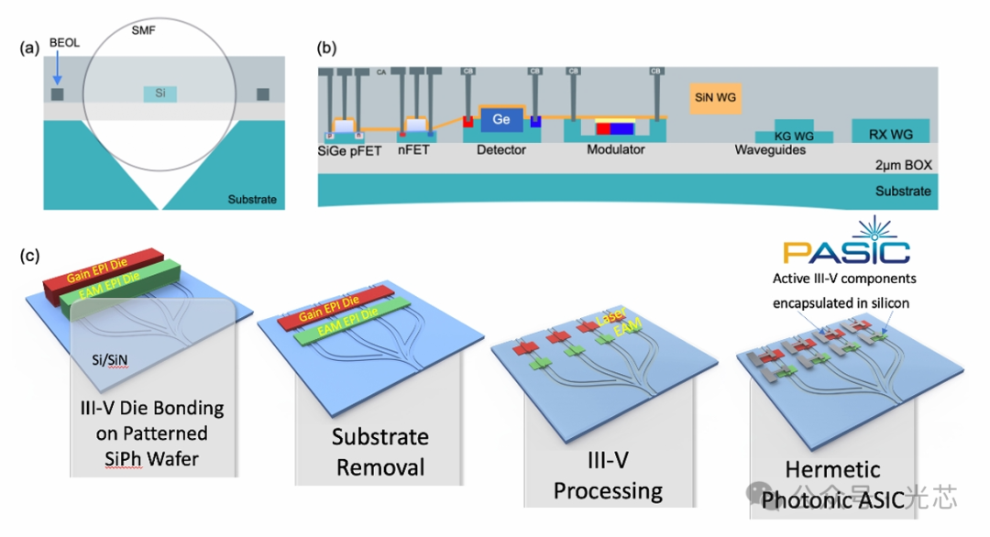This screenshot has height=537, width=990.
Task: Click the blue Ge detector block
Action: [x=500, y=119]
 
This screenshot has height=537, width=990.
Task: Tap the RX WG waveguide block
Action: [x=890, y=132]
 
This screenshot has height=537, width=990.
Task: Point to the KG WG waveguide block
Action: [x=795, y=135]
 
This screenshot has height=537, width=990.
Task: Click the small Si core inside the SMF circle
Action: [x=159, y=93]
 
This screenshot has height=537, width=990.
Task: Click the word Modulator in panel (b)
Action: [x=616, y=149]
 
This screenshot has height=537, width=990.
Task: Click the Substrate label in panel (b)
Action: [x=903, y=192]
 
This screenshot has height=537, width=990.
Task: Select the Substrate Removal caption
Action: [x=379, y=452]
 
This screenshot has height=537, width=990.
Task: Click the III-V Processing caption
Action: [x=608, y=475]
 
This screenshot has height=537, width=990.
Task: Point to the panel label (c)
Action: [x=31, y=254]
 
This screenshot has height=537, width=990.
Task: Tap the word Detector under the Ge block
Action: [x=501, y=149]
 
